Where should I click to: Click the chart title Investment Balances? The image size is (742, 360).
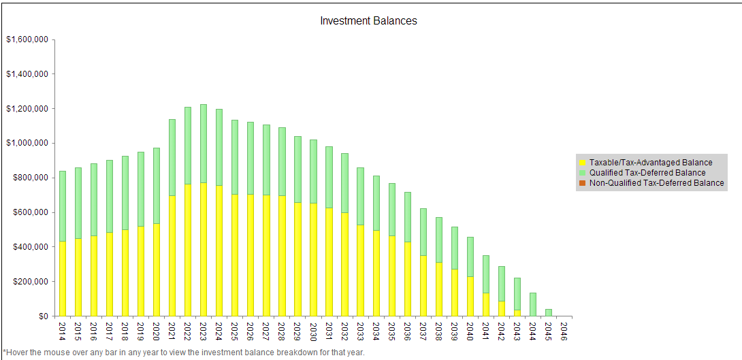[x=368, y=21]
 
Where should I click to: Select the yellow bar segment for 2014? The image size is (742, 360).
[x=63, y=278]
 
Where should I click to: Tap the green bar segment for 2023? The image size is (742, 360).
[x=204, y=143]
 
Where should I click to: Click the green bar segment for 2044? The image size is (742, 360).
[x=533, y=304]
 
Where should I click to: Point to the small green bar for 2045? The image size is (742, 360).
[x=549, y=312]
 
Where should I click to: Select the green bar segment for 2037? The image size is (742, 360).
[x=423, y=231]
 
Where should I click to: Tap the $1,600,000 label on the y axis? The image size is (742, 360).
[x=27, y=39]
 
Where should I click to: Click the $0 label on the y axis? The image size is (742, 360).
[x=42, y=316]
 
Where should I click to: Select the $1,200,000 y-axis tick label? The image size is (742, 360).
[x=27, y=109]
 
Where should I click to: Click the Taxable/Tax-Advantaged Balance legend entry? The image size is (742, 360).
[x=651, y=163]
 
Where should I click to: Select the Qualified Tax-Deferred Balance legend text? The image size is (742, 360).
[x=647, y=173]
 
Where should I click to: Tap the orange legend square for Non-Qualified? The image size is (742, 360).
[x=582, y=183]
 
